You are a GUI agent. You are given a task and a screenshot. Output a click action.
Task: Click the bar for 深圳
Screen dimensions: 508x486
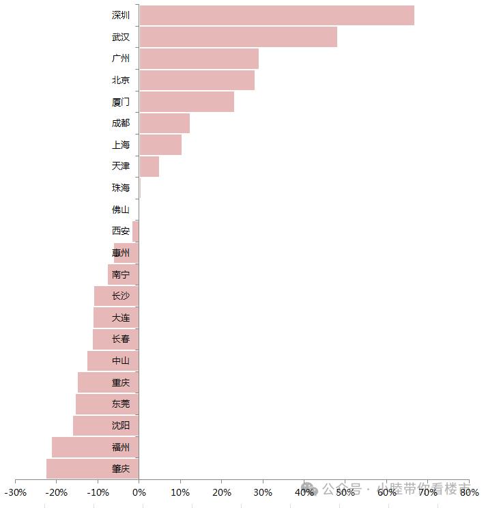tap(276, 15)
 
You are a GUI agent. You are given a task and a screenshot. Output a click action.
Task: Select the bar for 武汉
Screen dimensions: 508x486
tap(238, 37)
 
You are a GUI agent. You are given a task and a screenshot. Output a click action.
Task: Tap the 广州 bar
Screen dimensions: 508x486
tap(199, 59)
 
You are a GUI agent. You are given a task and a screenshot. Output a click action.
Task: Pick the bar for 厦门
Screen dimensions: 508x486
tap(186, 102)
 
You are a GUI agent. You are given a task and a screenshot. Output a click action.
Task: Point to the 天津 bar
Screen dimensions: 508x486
tap(149, 167)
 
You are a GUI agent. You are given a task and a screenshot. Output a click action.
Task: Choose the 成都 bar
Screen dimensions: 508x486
tap(164, 124)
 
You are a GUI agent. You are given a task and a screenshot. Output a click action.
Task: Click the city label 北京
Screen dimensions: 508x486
tap(121, 80)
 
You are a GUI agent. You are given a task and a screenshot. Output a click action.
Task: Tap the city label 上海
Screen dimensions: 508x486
tap(121, 145)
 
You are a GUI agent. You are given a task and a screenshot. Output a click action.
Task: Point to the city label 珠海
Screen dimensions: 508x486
tap(121, 188)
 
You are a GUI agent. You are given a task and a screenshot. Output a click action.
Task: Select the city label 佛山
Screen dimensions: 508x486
tap(121, 210)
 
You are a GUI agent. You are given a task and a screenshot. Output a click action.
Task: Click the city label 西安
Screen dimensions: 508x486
tap(121, 231)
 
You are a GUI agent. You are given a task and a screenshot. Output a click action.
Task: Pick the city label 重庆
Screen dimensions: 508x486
tap(121, 382)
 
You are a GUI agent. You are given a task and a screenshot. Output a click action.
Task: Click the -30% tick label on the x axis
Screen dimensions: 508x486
tap(15, 492)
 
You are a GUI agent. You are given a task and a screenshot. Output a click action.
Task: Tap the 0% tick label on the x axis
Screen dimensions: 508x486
tap(139, 492)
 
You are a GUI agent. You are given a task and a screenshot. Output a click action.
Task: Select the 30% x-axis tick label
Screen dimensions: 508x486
tap(263, 492)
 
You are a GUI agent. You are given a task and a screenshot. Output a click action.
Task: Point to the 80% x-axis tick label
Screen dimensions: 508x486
tap(469, 492)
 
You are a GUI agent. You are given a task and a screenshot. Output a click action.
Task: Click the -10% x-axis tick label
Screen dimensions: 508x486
tap(98, 492)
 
